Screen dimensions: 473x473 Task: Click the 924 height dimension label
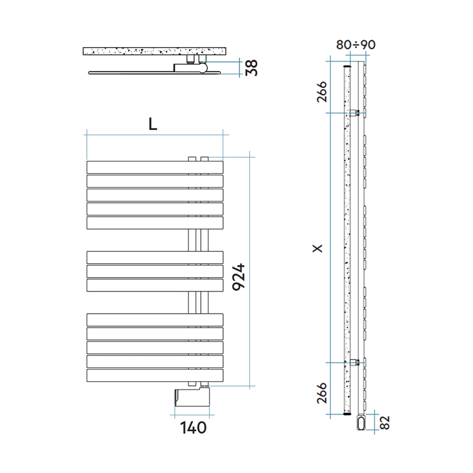[x=239, y=277]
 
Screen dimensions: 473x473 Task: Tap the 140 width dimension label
[x=193, y=427]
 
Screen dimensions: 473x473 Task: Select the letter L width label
[x=153, y=124]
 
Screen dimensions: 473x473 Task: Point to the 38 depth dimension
[x=252, y=67]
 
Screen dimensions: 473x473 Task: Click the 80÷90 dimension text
[x=356, y=45]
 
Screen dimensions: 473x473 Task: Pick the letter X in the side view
[x=318, y=248]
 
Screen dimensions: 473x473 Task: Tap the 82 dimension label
[x=385, y=422]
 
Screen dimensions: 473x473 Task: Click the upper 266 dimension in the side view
[x=322, y=92]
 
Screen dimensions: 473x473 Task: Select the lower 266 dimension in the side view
[x=322, y=393]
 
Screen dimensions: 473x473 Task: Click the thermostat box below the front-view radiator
[x=192, y=397]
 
